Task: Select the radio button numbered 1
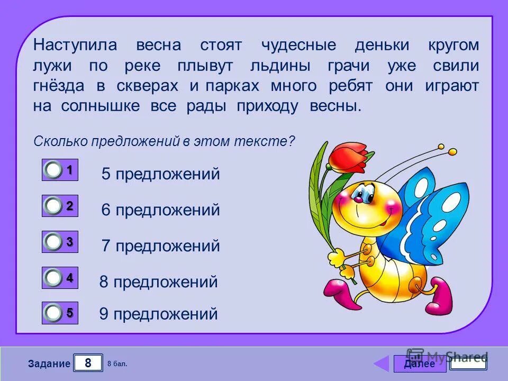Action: tap(53, 170)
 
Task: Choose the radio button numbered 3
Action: tap(53, 206)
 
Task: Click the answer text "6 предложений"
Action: tap(160, 210)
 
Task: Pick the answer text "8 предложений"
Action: tap(158, 282)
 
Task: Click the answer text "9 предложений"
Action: tap(158, 314)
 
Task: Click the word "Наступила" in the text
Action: tap(75, 45)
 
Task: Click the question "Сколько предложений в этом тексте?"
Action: tap(164, 142)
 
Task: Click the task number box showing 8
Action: tap(88, 363)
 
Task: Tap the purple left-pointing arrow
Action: tap(381, 364)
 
